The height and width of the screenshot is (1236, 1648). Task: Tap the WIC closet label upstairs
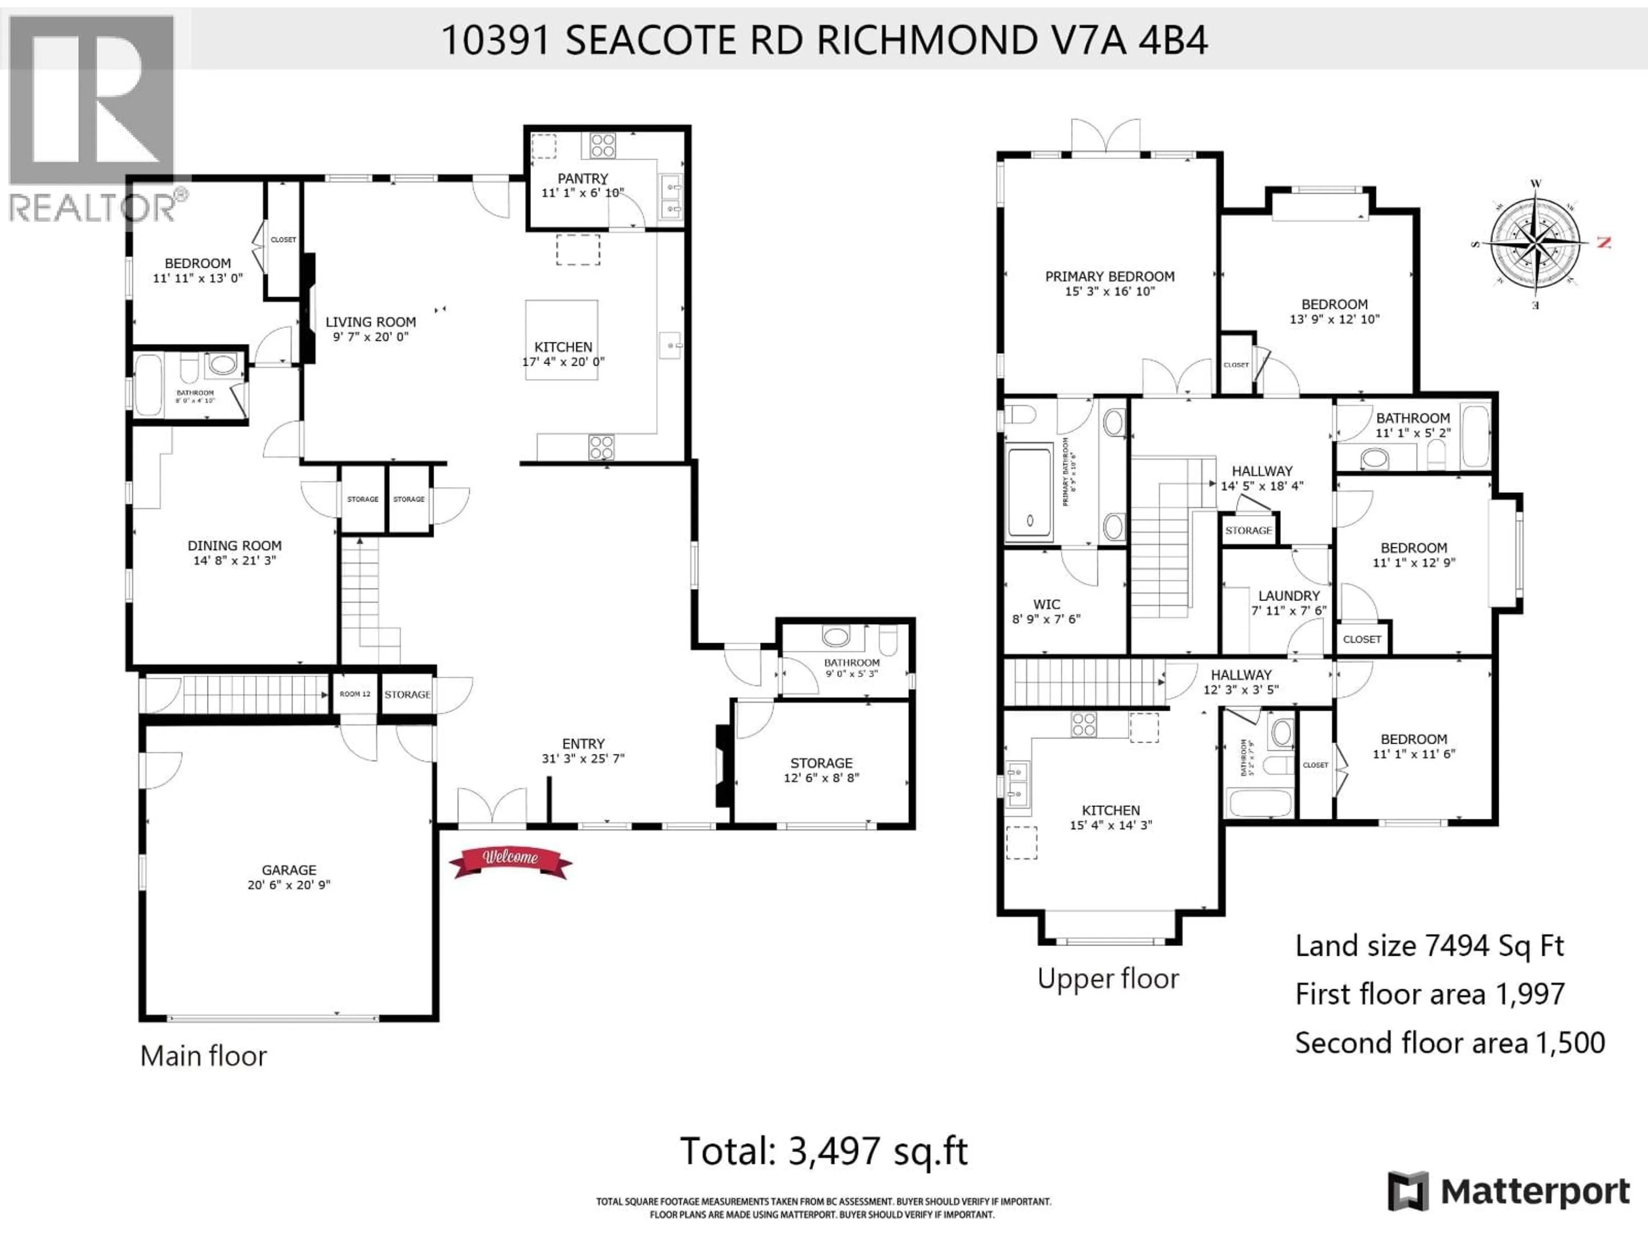[1046, 604]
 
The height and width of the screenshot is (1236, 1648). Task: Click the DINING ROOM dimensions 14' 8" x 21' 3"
[235, 560]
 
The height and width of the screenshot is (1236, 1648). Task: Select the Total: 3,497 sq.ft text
[823, 1151]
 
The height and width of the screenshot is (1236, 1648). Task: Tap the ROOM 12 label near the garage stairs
[354, 694]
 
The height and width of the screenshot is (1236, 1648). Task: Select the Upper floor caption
[1108, 978]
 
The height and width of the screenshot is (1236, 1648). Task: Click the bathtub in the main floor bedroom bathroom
[148, 385]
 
